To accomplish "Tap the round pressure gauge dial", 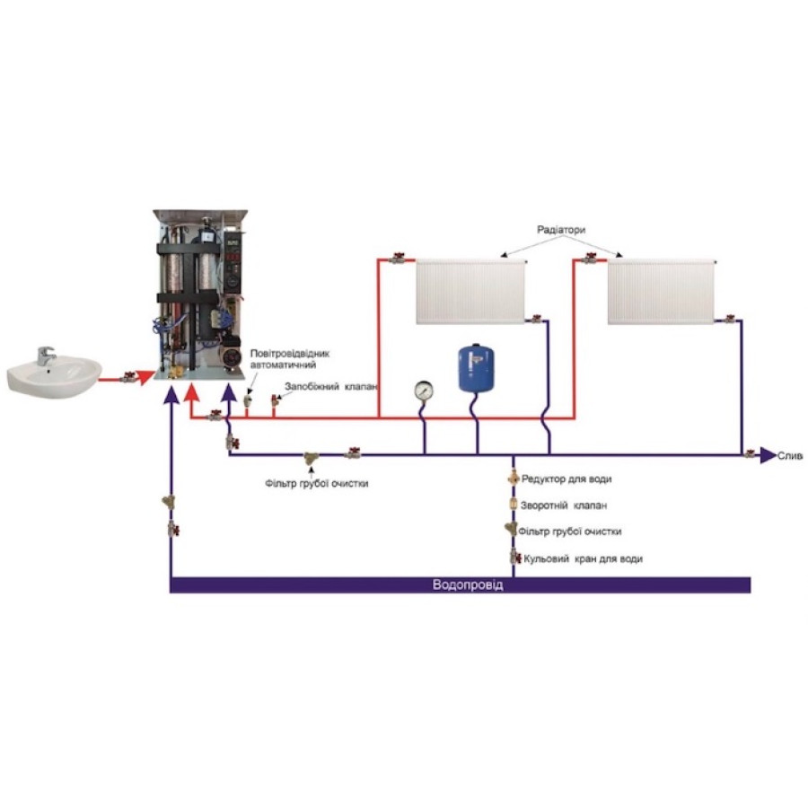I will (423, 391).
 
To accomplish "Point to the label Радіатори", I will (560, 230).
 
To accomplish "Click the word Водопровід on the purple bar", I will (468, 585).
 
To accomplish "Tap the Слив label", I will (790, 455).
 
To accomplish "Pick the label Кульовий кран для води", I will (583, 558).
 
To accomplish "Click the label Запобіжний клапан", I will (330, 387).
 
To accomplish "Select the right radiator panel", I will (662, 292).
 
